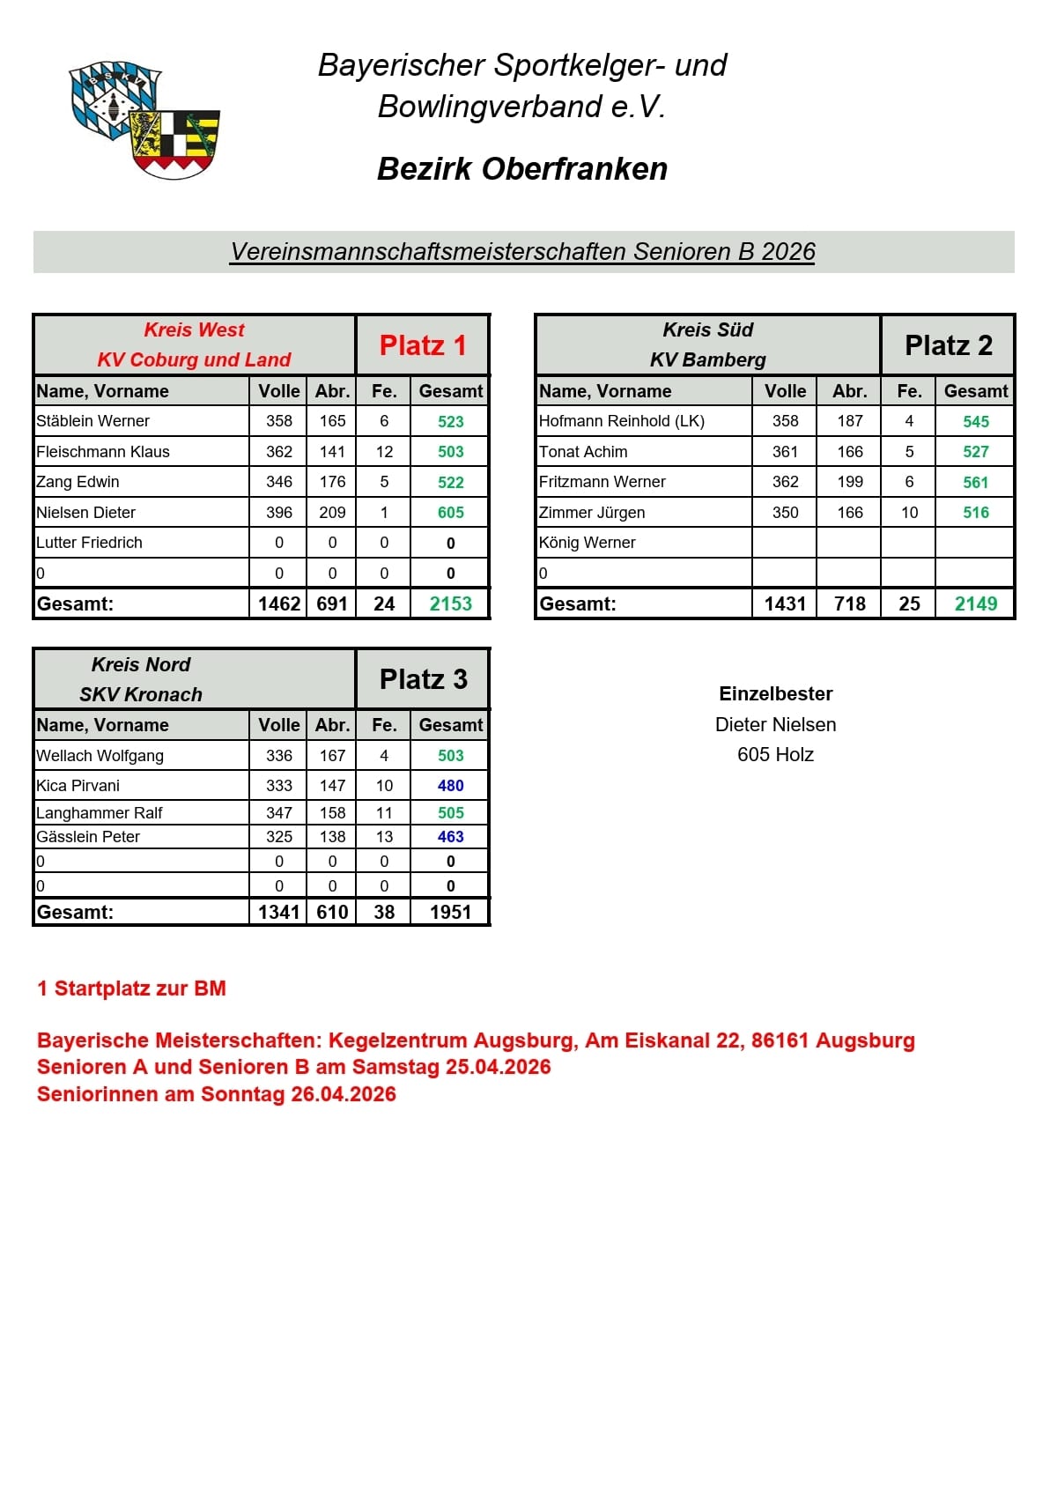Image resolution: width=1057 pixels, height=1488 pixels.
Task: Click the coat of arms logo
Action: tap(145, 120)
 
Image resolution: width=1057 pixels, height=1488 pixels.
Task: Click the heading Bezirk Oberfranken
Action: tap(522, 169)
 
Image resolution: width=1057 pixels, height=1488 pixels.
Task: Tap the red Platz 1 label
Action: tap(423, 345)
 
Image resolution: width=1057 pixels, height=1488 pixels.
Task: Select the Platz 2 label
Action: tap(949, 345)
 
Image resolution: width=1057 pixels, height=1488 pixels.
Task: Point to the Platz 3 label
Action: tap(423, 679)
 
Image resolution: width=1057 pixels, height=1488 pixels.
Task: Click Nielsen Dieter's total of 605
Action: tap(450, 513)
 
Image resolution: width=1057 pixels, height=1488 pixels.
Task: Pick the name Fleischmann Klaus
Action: tap(103, 452)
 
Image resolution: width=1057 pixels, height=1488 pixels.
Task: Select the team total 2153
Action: tap(450, 603)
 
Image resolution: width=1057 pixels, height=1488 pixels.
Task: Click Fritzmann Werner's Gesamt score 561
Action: tap(975, 482)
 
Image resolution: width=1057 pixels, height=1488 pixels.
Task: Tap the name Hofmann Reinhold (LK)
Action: tap(621, 421)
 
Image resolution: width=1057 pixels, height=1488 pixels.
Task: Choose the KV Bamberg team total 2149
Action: tap(975, 603)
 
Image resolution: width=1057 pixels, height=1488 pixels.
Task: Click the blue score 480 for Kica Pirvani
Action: tap(450, 786)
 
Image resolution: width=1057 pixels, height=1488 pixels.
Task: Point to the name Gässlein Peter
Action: tap(88, 837)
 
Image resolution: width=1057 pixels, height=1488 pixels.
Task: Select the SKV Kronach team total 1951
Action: tap(450, 912)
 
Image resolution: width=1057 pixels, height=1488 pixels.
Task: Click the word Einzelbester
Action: tap(775, 694)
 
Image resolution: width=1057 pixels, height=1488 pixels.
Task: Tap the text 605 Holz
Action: tap(775, 755)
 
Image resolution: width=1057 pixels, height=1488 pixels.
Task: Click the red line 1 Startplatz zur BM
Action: tap(131, 988)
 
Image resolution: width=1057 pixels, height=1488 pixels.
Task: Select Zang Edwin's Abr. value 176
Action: tap(332, 482)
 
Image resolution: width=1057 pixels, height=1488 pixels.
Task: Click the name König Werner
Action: tap(587, 543)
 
